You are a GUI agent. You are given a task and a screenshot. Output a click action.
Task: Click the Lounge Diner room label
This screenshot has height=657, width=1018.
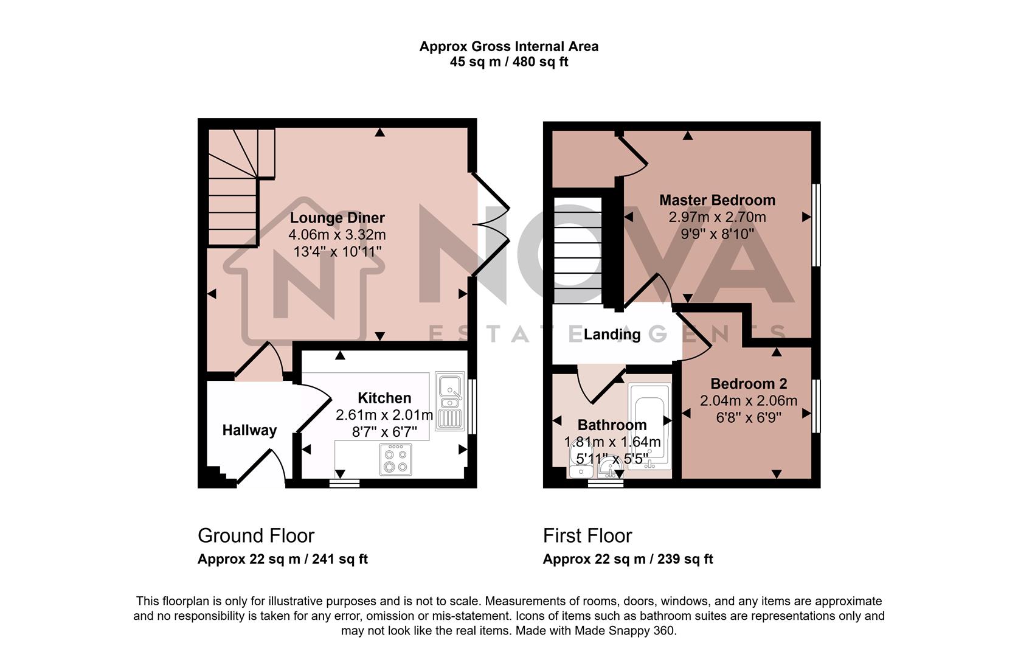pos(337,218)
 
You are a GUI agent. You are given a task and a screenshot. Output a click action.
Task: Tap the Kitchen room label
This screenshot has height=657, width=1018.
pos(384,398)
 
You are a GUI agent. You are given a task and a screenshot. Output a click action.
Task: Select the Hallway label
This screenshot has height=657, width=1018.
pos(249,430)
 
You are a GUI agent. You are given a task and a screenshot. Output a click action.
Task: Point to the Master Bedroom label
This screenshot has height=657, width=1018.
pos(717,200)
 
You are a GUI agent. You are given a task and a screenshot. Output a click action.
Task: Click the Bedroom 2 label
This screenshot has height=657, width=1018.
pos(749,384)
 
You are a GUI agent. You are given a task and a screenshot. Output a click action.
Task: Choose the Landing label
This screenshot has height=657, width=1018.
pos(612,334)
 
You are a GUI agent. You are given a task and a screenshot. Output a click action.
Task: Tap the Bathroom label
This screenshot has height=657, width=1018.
pos(612,425)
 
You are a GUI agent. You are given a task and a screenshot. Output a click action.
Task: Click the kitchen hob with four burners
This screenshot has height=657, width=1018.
pos(395,459)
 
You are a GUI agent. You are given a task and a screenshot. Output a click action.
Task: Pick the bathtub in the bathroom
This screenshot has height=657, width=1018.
pos(649,425)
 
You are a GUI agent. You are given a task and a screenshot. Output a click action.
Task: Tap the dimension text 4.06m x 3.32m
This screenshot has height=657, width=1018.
pos(337,235)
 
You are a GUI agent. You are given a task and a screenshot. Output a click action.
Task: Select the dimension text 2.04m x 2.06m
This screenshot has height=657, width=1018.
pos(749,401)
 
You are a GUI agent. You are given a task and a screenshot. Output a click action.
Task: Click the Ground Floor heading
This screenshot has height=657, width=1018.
pos(256,536)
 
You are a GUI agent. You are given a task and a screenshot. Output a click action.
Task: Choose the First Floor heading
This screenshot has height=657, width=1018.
pos(587,536)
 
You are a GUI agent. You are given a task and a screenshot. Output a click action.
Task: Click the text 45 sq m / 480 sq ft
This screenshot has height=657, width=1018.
pos(509,62)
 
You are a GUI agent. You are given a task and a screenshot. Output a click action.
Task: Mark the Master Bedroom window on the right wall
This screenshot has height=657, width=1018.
pos(817,225)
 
